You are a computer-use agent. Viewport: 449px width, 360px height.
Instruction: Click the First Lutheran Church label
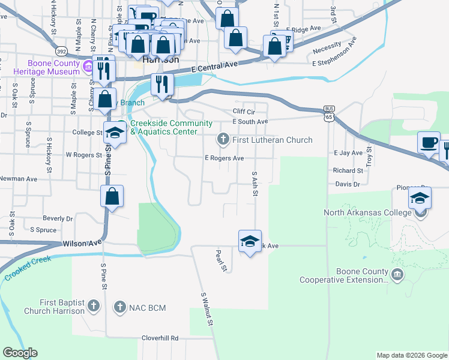pyautogui.click(x=272, y=140)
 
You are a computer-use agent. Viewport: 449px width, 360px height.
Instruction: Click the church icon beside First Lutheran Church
pyautogui.click(x=223, y=140)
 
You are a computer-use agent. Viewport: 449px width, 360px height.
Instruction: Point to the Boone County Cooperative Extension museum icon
pyautogui.click(x=397, y=275)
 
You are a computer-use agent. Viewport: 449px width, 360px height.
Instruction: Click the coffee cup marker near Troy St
pyautogui.click(x=429, y=143)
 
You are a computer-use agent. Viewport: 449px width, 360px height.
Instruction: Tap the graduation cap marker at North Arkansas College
pyautogui.click(x=420, y=197)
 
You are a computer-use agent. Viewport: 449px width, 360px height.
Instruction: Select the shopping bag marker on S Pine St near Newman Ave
pyautogui.click(x=112, y=196)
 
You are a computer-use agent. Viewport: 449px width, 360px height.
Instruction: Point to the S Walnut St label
pyautogui.click(x=208, y=309)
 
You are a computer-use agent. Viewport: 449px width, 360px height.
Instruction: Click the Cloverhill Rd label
pyautogui.click(x=160, y=338)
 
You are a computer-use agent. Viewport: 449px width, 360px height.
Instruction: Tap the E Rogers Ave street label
pyautogui.click(x=224, y=158)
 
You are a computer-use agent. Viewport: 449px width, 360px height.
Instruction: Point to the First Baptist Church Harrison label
pyautogui.click(x=54, y=307)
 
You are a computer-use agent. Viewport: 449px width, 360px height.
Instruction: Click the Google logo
pyautogui.click(x=20, y=353)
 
